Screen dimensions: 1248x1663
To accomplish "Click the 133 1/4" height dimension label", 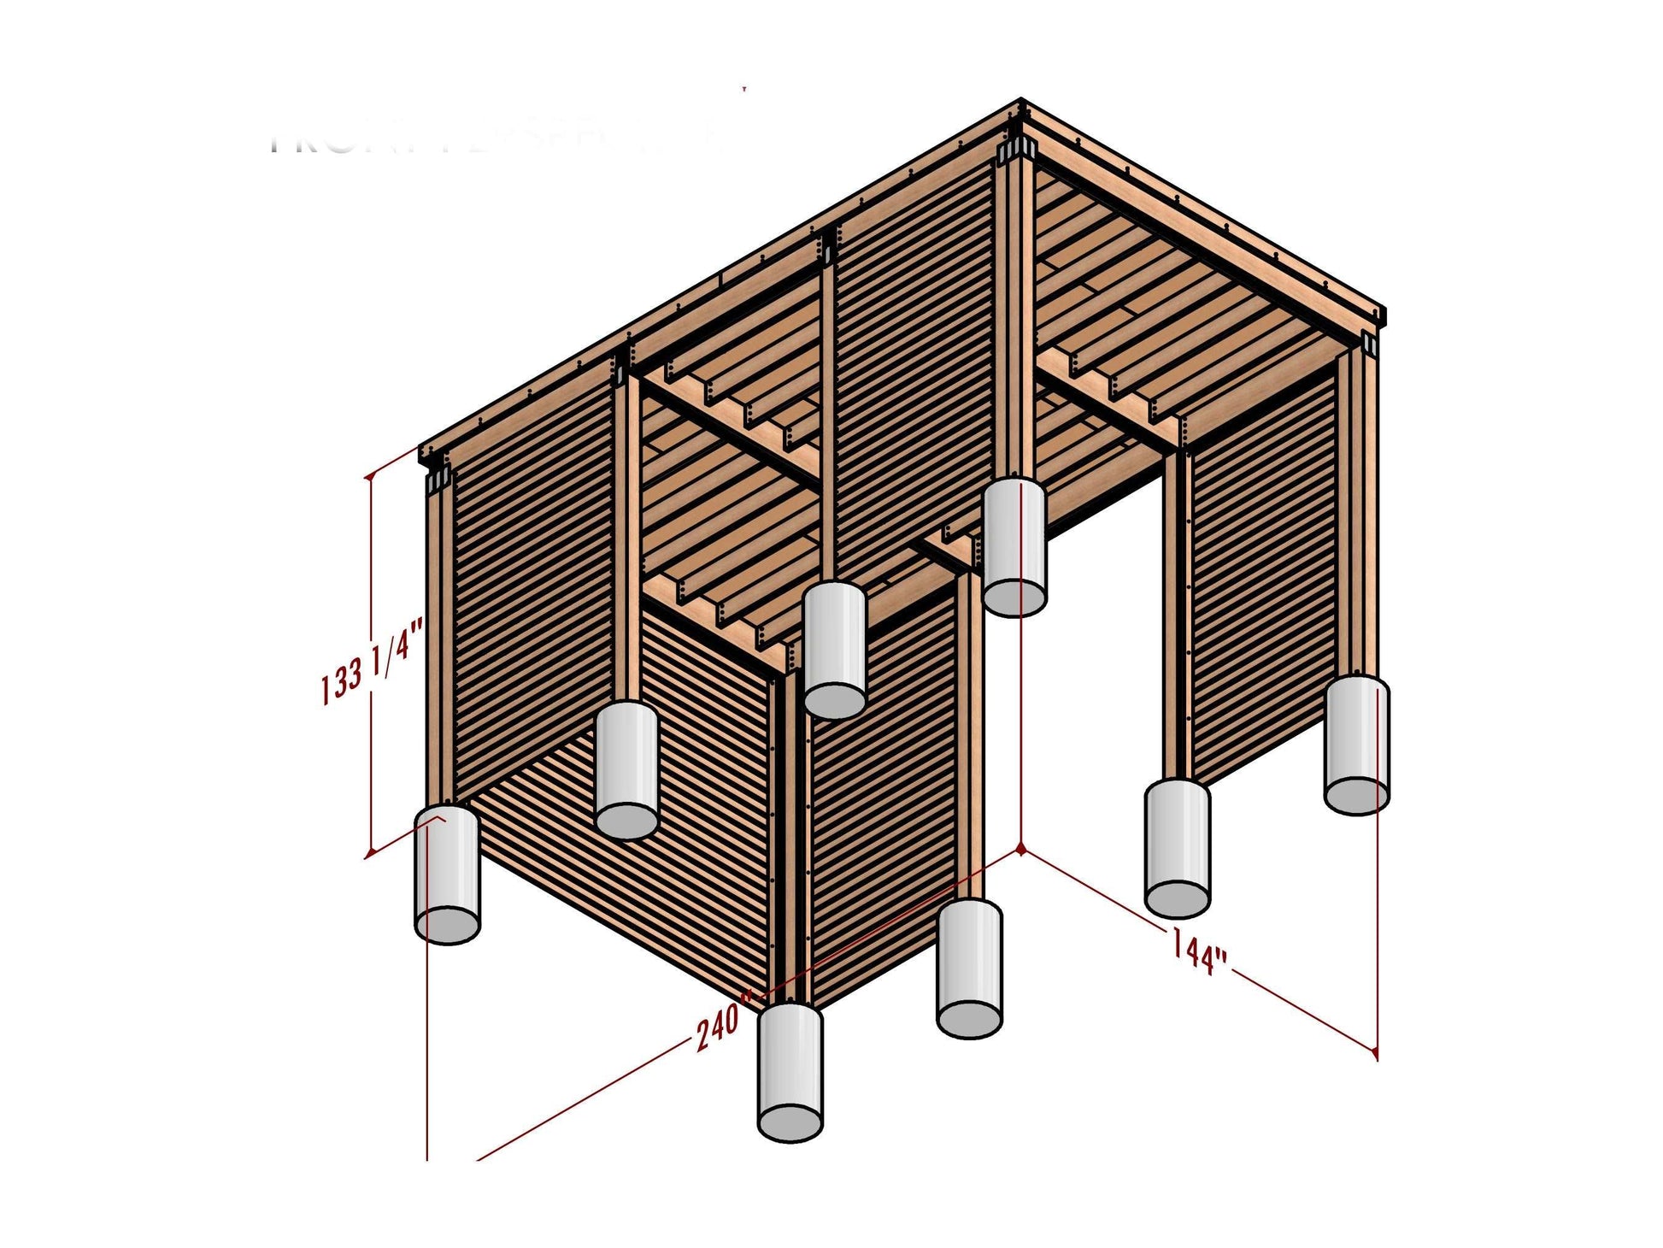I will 373,662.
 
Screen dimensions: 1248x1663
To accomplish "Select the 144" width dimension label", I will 1198,952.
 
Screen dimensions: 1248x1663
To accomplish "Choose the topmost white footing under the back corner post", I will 1014,547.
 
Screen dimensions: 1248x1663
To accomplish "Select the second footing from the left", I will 626,769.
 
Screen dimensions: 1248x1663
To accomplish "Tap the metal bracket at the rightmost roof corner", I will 1369,344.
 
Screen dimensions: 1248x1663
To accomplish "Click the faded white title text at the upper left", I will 496,141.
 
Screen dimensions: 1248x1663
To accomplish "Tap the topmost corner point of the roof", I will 1021,101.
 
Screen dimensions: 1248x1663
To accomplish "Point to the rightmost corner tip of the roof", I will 1384,311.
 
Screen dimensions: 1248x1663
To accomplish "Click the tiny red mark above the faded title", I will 744,87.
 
